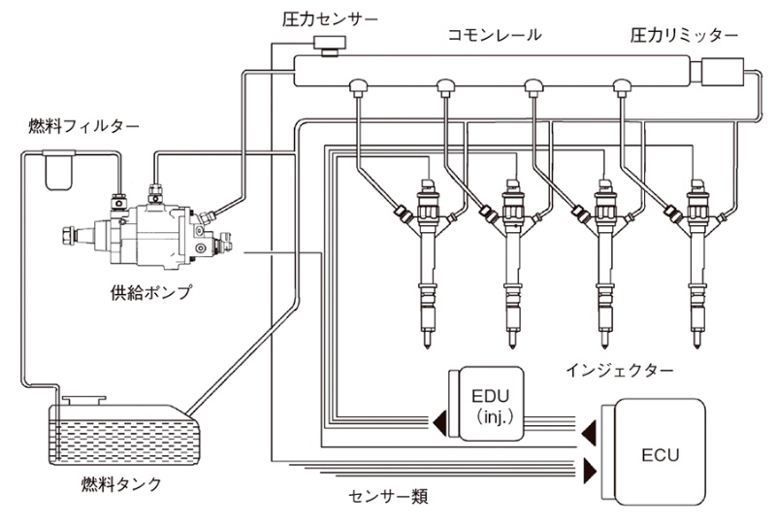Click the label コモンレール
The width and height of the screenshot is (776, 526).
494,35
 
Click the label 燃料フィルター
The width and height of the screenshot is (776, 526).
83,126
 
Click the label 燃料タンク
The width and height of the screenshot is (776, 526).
120,483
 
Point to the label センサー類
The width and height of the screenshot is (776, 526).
387,497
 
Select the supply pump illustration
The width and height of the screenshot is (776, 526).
155,228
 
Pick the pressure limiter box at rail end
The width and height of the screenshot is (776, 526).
719,74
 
